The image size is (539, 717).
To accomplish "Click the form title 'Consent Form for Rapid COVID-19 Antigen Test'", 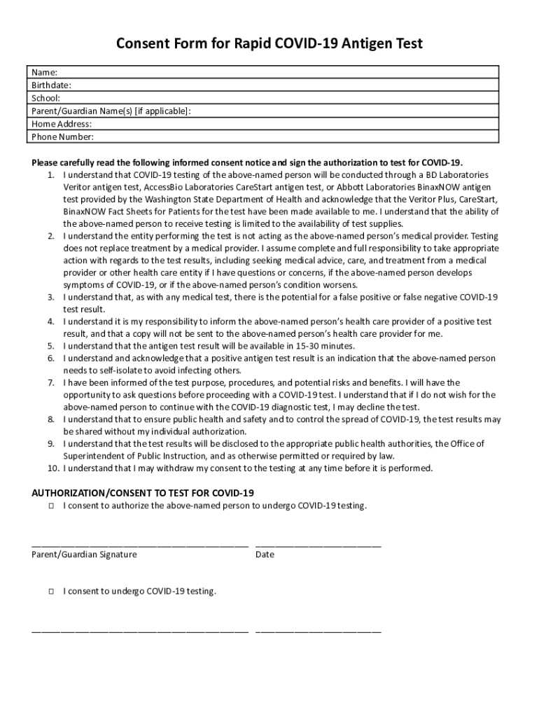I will point(269,45).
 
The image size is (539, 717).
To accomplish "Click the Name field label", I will point(44,73).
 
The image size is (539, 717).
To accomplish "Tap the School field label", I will point(45,98).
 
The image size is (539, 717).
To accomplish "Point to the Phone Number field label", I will point(62,137).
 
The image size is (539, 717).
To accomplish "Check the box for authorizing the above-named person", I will point(52,506).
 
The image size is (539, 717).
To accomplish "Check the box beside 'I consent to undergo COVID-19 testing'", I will point(52,592).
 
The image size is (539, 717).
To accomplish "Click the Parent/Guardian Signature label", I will point(84,555).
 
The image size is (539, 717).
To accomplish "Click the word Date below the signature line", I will point(265,555).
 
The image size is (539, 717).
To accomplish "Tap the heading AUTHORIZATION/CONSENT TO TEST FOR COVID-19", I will point(143,492).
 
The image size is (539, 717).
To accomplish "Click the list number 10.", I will point(51,468).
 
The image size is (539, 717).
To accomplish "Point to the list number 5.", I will point(52,346).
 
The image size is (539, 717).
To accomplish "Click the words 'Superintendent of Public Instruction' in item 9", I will point(136,456).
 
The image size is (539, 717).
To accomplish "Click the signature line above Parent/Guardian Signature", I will point(140,544).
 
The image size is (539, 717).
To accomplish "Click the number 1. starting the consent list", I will point(52,174).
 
